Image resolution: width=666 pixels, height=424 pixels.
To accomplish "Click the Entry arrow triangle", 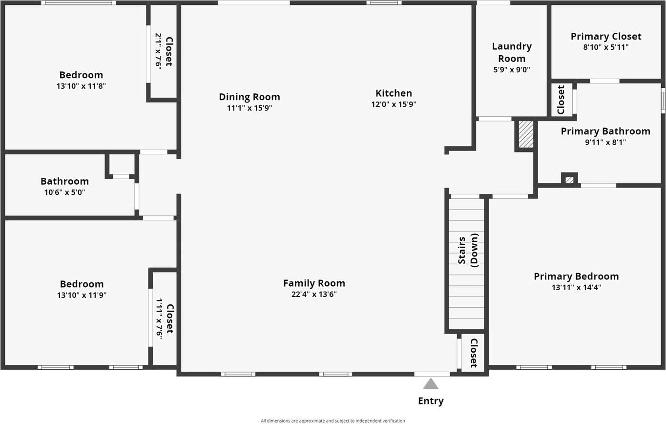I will coord(430,384).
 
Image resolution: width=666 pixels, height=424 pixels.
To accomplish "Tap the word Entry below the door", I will coord(431,401).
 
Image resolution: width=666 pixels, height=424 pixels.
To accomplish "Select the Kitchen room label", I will coord(394,93).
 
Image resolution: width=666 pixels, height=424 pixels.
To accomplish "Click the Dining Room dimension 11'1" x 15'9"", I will coord(250,108).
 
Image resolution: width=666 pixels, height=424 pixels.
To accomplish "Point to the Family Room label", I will coord(314,283).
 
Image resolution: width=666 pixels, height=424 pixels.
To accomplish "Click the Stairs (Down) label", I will coord(468,250).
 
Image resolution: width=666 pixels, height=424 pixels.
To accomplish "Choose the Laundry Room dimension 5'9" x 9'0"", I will coord(512,70).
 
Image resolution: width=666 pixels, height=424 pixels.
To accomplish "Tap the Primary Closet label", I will coord(606,37).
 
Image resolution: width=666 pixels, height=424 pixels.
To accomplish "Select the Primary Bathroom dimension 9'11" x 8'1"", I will coord(605,142).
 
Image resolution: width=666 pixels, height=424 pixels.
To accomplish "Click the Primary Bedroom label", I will coord(576,276).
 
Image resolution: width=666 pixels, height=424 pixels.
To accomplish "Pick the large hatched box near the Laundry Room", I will coord(526,134).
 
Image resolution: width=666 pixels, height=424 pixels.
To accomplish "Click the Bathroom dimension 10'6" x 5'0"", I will coord(64,192).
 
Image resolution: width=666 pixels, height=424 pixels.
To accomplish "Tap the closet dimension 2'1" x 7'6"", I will coord(159,50).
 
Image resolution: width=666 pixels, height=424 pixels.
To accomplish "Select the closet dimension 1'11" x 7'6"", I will coord(159,318).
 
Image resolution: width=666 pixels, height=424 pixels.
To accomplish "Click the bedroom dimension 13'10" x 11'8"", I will coord(81,86).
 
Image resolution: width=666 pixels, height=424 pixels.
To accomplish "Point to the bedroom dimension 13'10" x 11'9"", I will coord(82,295).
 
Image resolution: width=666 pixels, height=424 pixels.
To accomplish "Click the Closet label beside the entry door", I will coord(473,353).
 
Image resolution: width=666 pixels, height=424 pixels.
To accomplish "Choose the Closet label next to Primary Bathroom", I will coord(561,100).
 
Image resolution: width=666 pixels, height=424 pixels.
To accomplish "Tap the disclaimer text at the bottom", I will coord(333,421).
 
